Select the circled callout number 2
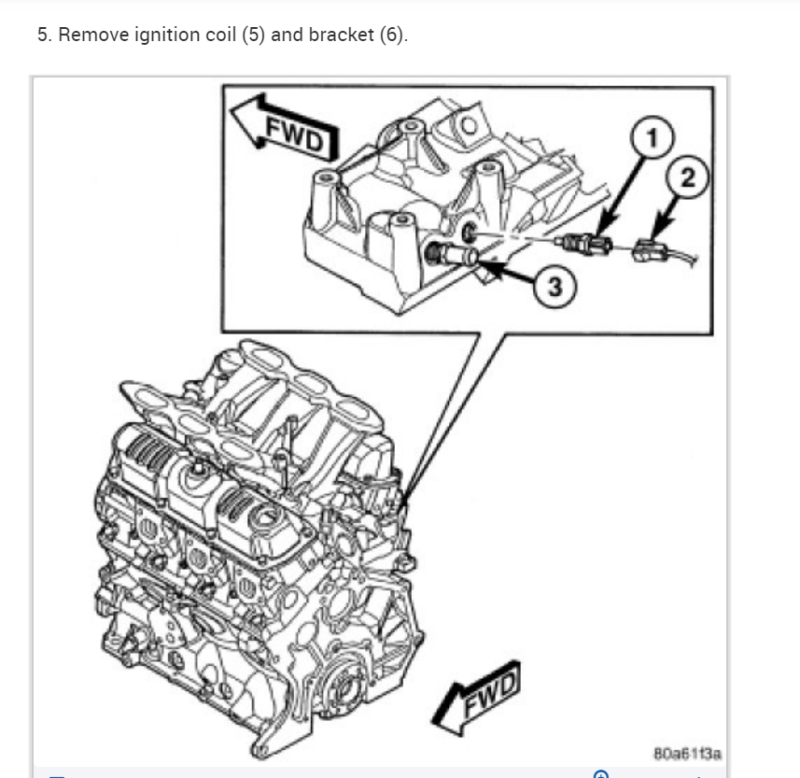coord(687,177)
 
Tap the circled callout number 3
coord(554,287)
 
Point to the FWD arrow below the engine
coord(479,696)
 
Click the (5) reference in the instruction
coord(252,36)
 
